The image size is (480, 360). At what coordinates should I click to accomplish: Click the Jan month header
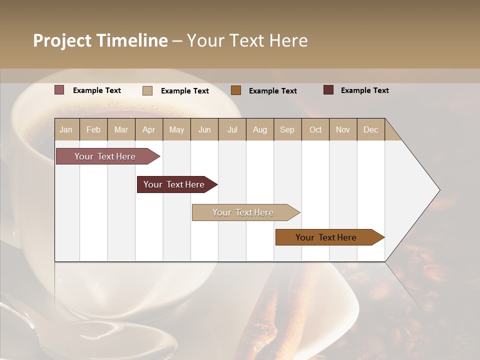pyautogui.click(x=66, y=129)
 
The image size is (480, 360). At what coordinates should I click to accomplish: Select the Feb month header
pyautogui.click(x=93, y=129)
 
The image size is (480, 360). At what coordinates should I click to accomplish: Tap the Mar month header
pyautogui.click(x=121, y=129)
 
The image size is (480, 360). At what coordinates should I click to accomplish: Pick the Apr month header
pyautogui.click(x=148, y=129)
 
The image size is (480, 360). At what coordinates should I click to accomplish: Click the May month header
pyautogui.click(x=176, y=129)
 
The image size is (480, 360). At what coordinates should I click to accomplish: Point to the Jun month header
pyautogui.click(x=204, y=129)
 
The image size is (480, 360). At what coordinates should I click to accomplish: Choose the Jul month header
pyautogui.click(x=232, y=129)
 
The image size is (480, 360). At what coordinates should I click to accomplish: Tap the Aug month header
pyautogui.click(x=259, y=129)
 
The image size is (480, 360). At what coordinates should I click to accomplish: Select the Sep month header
pyautogui.click(x=287, y=129)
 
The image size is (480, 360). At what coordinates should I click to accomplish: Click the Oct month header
pyautogui.click(x=315, y=129)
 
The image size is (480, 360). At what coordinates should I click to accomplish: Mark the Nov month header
pyautogui.click(x=342, y=129)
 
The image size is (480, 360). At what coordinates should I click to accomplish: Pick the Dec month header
pyautogui.click(x=370, y=129)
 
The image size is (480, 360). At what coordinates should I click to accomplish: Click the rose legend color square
pyautogui.click(x=59, y=90)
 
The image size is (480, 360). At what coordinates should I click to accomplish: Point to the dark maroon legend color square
pyautogui.click(x=328, y=90)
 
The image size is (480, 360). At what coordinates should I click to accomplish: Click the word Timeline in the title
pyautogui.click(x=131, y=40)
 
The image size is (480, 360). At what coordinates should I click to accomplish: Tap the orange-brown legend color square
pyautogui.click(x=236, y=90)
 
